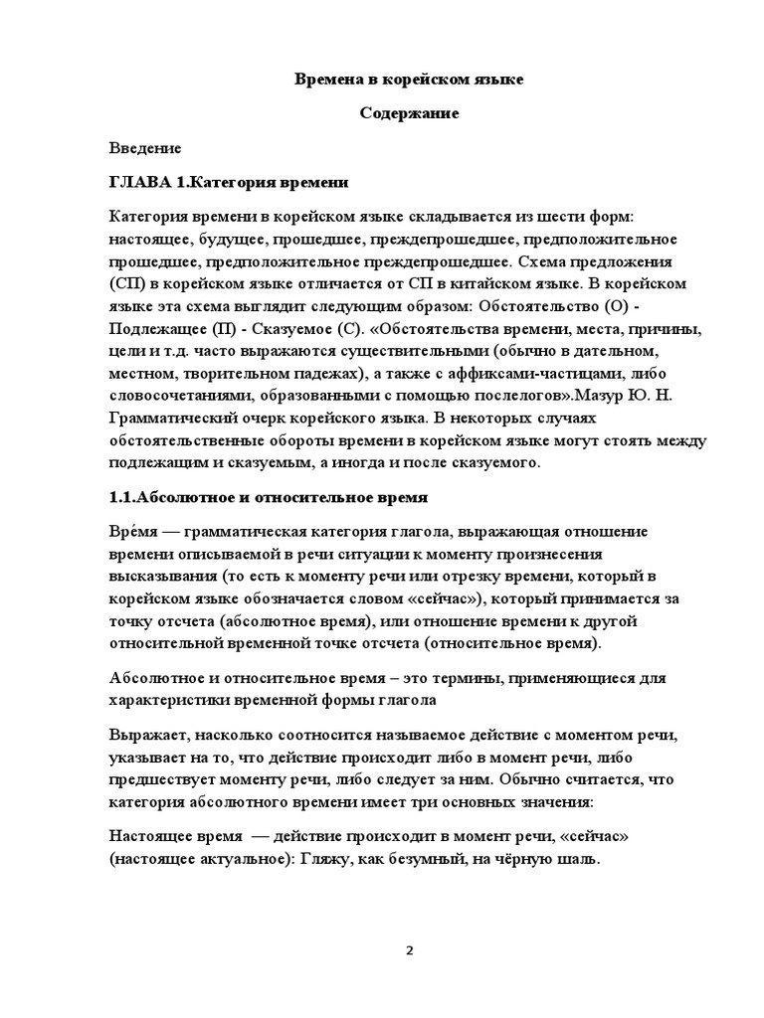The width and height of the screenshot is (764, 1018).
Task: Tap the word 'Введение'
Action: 145,148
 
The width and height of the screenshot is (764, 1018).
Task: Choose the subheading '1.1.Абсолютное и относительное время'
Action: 268,496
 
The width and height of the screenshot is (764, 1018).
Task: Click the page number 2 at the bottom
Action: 409,950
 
